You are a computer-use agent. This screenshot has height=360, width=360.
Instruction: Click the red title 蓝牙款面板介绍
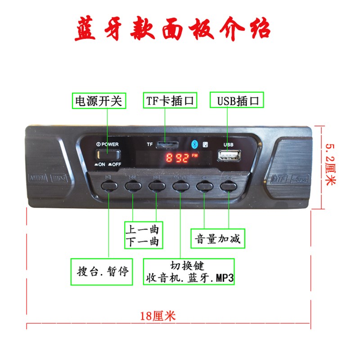pyautogui.click(x=173, y=29)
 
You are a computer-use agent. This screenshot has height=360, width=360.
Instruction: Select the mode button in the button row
pyautogui.click(x=180, y=187)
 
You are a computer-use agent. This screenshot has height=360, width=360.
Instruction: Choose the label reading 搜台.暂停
pyautogui.click(x=102, y=271)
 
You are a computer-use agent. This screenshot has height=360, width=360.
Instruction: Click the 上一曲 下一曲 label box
pyautogui.click(x=144, y=234)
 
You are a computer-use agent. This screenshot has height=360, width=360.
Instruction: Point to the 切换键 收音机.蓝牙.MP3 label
pyautogui.click(x=189, y=271)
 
